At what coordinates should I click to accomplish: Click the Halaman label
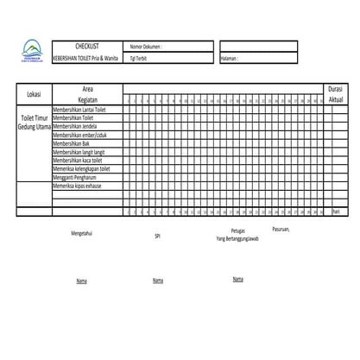(x=231, y=58)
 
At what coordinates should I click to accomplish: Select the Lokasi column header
(x=35, y=94)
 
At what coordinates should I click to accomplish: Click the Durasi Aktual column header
(x=336, y=94)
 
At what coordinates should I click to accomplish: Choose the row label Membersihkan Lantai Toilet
(x=79, y=111)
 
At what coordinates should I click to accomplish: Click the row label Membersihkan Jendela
(x=76, y=127)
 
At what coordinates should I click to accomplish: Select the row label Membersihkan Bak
(x=72, y=144)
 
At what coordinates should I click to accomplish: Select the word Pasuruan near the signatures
(x=281, y=229)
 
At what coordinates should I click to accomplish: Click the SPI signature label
(x=157, y=235)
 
